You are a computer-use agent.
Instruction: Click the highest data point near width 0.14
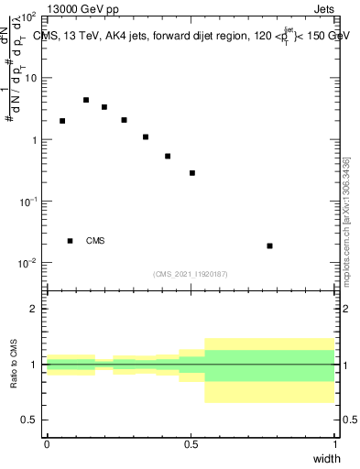click(86, 100)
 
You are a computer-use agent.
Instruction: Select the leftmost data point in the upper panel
click(62, 121)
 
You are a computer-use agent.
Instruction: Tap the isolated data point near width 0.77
click(269, 245)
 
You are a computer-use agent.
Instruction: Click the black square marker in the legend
click(70, 241)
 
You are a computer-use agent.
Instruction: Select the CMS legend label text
click(95, 241)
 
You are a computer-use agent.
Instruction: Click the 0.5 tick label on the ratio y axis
click(28, 420)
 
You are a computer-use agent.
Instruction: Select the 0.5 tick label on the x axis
click(191, 444)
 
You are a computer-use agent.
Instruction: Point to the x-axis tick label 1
click(334, 444)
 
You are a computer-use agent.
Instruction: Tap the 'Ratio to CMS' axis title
click(14, 365)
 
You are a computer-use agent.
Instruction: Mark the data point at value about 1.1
click(146, 137)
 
